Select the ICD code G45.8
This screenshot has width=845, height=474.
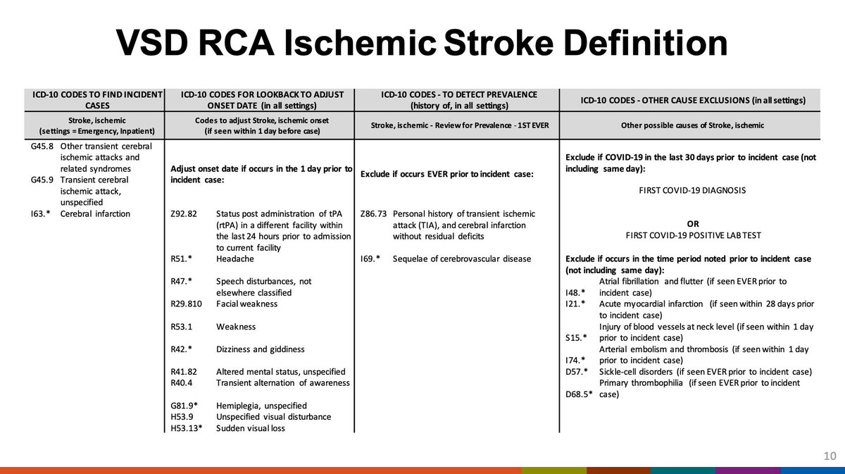coord(42,146)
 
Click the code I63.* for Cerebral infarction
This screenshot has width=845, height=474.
coord(40,213)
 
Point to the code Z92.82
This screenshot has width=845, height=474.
coord(184,213)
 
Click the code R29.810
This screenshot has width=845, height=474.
coord(189,304)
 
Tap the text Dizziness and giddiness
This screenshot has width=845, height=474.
coord(260,349)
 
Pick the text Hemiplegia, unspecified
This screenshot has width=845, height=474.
coord(261,405)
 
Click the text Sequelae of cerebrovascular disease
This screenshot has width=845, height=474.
coord(462,258)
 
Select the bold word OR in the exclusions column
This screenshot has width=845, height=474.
coord(692,224)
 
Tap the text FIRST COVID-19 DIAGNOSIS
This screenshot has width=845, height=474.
coord(692,190)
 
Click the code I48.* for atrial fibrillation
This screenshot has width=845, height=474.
coord(576,292)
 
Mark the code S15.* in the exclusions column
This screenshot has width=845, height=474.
coord(577,337)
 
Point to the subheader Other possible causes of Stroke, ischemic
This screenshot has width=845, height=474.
coord(692,125)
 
